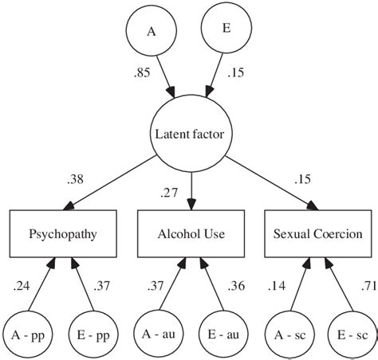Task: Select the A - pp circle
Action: (26, 333)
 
